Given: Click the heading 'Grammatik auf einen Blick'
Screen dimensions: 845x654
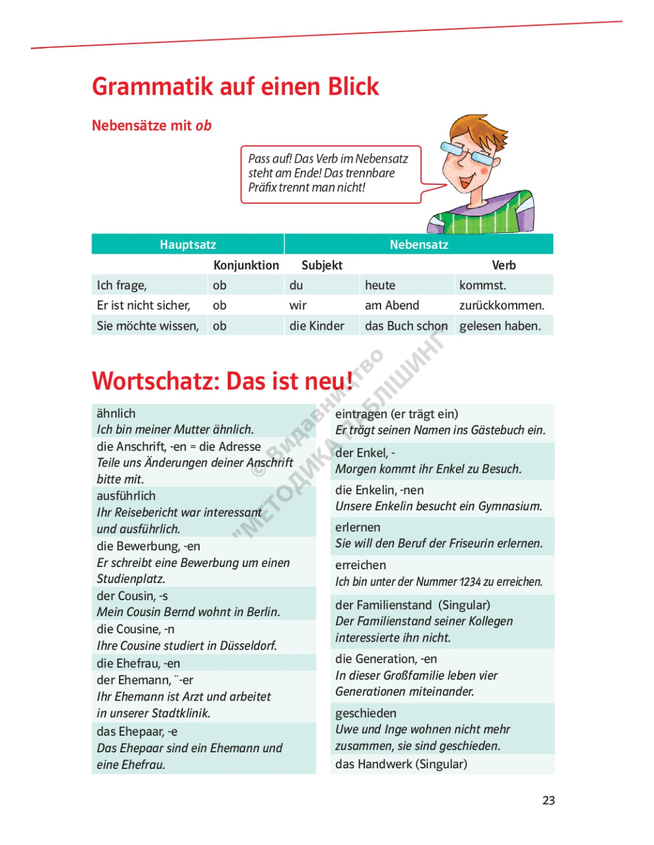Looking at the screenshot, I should (235, 87).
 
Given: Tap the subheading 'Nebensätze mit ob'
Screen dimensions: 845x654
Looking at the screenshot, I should (152, 125).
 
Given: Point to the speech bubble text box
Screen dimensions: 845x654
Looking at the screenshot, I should (330, 174).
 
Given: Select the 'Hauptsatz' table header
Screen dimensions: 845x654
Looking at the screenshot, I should (187, 244).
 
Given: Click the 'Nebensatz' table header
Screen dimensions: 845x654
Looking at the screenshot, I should (419, 244).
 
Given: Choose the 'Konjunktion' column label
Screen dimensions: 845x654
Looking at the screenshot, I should (246, 265).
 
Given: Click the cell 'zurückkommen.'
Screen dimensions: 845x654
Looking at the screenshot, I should (501, 305).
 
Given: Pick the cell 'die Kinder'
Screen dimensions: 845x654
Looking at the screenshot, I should (316, 326).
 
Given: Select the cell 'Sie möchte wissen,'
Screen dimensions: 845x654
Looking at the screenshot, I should (147, 326).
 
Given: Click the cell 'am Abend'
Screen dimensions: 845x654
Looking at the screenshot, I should (392, 305).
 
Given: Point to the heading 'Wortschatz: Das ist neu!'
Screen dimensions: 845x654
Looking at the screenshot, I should (222, 381).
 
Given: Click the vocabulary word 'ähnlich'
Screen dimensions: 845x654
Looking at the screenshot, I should (116, 413).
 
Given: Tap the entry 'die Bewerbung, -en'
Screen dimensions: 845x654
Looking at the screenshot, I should (148, 546).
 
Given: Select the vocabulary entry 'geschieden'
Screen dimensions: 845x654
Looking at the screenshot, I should (365, 713).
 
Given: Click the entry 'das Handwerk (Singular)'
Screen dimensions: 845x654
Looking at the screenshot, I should (401, 764).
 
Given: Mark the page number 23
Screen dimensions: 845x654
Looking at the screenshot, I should (548, 800).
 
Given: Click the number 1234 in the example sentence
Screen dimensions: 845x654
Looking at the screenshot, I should (469, 582).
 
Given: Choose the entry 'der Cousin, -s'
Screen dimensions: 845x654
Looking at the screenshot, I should (132, 595).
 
